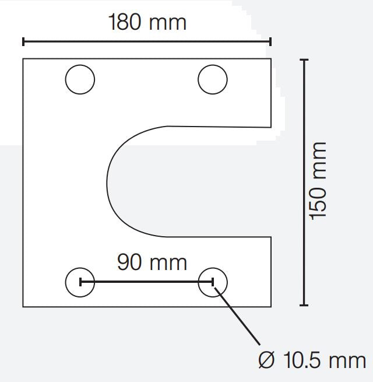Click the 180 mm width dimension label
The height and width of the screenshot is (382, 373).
coord(147,22)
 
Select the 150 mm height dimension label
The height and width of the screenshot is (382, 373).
coord(318,180)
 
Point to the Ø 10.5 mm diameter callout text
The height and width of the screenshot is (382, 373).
coord(312,360)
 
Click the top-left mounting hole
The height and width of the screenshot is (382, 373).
coord(80,80)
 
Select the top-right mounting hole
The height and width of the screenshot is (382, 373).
coord(213,80)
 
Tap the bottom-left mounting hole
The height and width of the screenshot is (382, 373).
coord(80,282)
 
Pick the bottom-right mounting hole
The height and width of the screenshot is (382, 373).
coord(213,282)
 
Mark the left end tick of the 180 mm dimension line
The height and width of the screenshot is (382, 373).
coord(23,41)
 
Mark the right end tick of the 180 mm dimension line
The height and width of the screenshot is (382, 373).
coord(270,41)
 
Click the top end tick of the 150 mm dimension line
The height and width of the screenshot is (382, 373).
coord(303,59)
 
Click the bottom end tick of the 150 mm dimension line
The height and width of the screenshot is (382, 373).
coord(303,305)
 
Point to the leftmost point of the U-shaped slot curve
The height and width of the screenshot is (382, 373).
coord(107,181)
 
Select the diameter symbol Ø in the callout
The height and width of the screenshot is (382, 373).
coord(266,360)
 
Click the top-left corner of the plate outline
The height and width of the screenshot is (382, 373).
coord(23,59)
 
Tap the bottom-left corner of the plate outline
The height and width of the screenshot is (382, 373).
coord(23,306)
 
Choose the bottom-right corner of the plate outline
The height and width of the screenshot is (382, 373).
coord(271,306)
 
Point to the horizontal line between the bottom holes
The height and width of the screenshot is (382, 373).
coord(146,282)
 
